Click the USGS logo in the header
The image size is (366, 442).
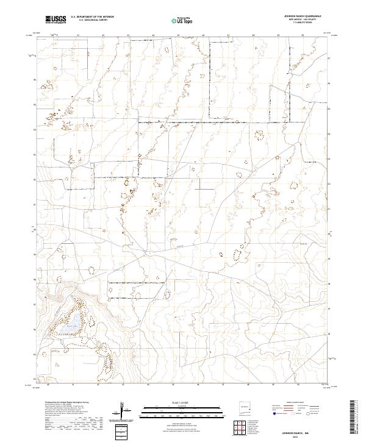tap(57, 20)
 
